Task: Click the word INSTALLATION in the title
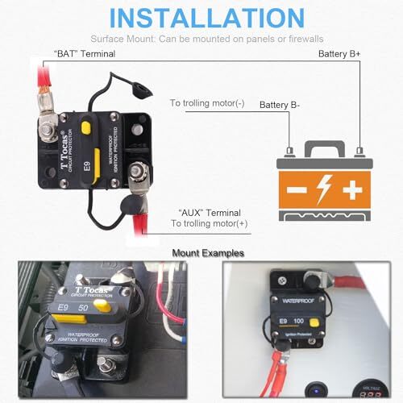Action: [x=201, y=19]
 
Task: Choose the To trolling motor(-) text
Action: [x=206, y=103]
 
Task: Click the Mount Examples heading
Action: [x=201, y=253]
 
